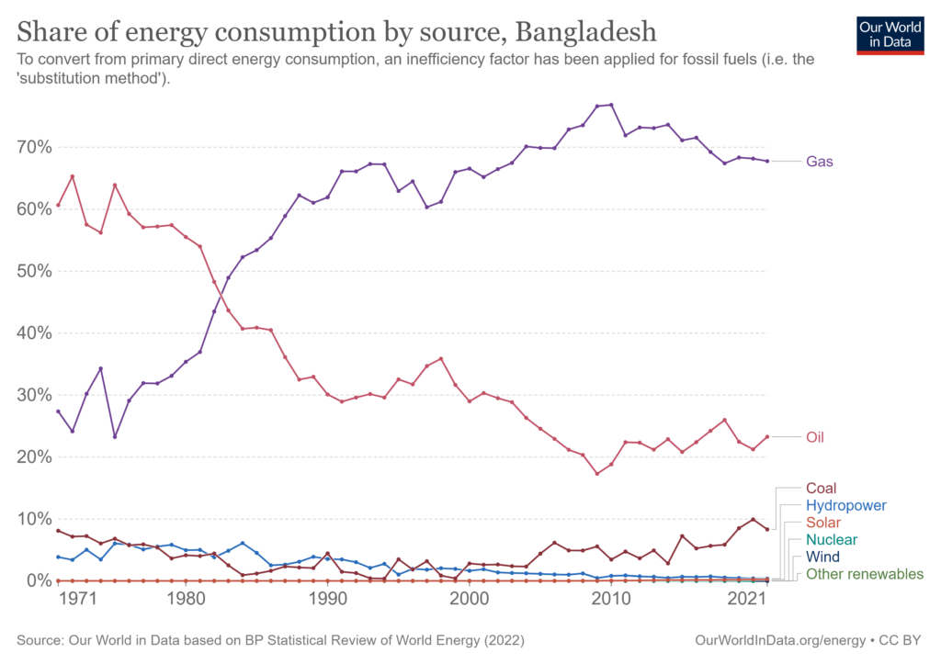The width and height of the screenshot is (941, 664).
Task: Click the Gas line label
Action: [x=820, y=162]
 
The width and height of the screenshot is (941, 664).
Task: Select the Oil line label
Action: [x=814, y=437]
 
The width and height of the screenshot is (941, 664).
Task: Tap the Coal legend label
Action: [x=821, y=489]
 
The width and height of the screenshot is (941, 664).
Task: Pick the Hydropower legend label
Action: [x=845, y=505]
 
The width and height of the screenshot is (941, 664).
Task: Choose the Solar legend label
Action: [x=822, y=523]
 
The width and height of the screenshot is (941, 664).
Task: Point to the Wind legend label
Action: [x=822, y=557]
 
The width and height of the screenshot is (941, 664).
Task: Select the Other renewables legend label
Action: [x=864, y=574]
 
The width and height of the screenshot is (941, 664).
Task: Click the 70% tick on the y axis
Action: [x=33, y=147]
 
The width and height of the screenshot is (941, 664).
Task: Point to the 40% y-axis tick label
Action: [x=33, y=333]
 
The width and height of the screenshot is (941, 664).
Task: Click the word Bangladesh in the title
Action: [x=585, y=31]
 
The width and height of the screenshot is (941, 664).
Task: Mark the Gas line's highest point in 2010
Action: [x=611, y=105]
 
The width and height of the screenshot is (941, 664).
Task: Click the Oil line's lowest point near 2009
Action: [x=597, y=474]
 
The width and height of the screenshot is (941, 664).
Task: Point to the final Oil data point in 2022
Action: [x=767, y=437]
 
